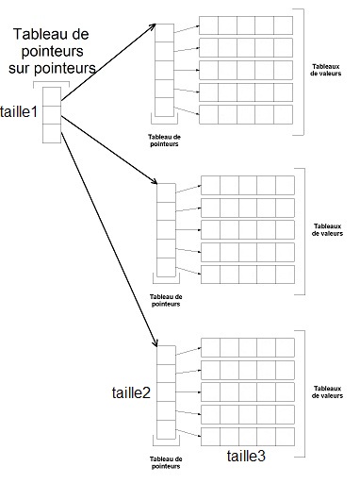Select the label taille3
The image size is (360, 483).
coord(247,456)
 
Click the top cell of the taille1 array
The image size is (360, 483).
coord(52,95)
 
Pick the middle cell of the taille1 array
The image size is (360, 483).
coord(52,114)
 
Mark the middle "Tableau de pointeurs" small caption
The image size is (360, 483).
coord(166,300)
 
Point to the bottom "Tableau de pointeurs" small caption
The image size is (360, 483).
coord(166,461)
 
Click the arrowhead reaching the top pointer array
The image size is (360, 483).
coord(151,28)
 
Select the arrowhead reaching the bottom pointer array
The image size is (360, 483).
coord(153,341)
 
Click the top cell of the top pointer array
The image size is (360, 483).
coord(165,33)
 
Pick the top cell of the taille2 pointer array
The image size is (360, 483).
coord(166,354)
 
